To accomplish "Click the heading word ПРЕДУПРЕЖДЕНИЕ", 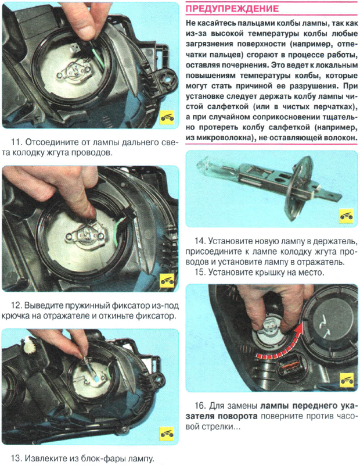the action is click(232, 8).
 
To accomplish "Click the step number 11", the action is click(17, 142).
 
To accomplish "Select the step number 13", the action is click(17, 458).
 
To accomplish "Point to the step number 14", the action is click(200, 241).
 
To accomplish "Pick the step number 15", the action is click(200, 272).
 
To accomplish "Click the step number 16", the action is click(200, 406).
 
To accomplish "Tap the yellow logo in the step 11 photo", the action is click(167, 119).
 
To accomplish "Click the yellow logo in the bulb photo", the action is click(346, 216).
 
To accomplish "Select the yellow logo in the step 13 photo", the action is click(167, 434).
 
